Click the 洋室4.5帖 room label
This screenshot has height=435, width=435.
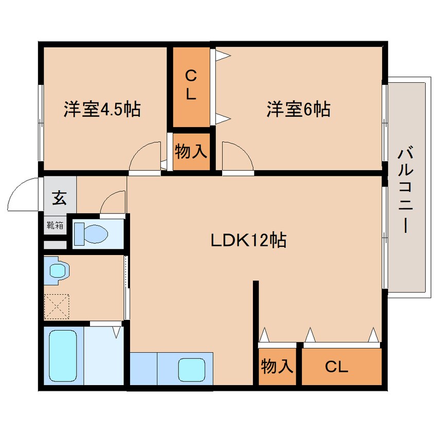(102, 109)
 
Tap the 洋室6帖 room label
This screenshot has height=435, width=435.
(299, 109)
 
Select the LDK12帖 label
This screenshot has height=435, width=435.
(248, 240)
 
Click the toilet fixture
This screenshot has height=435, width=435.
(92, 234)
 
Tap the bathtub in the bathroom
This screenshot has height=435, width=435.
(63, 356)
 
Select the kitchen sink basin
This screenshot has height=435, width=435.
(192, 370)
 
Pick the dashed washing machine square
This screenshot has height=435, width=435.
(57, 306)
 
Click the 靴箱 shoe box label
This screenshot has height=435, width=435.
(55, 225)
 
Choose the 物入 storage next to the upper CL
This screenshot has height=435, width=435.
(191, 152)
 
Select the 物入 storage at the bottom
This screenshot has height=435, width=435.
(277, 366)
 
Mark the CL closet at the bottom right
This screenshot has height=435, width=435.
(336, 367)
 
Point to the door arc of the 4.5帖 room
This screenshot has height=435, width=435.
(139, 152)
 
